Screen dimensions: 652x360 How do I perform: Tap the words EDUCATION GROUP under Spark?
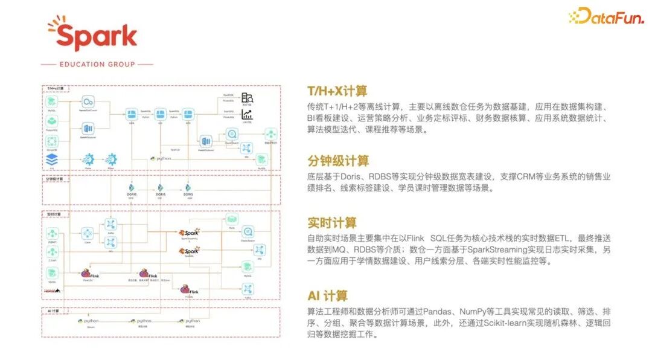point(97,64)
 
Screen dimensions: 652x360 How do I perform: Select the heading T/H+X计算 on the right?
point(337,91)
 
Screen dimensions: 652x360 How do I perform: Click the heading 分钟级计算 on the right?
point(338,161)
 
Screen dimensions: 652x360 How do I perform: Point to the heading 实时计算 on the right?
point(331,222)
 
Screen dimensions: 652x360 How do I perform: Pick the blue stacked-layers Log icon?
point(52,159)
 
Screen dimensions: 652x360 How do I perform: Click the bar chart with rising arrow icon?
point(247,114)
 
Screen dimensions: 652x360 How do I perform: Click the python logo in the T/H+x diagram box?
point(161,158)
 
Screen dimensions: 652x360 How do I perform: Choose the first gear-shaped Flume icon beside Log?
point(88,159)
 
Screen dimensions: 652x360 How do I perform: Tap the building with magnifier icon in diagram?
point(247,98)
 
